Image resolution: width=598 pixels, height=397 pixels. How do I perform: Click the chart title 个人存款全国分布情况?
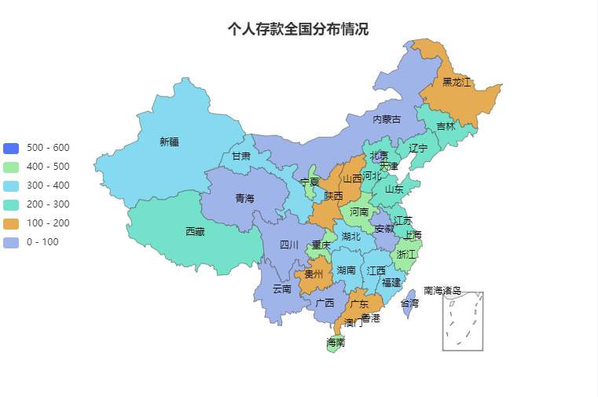(x=298, y=29)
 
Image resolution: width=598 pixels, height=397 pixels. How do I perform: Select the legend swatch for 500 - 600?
(x=11, y=148)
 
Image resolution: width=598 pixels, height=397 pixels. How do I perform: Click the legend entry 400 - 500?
(x=47, y=167)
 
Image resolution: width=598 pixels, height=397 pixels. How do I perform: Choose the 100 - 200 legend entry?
(x=47, y=223)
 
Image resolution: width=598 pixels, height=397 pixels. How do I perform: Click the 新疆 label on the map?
(x=169, y=142)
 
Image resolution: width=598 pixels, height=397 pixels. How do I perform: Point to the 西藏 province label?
(x=195, y=232)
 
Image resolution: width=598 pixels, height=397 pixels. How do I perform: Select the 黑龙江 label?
(x=456, y=82)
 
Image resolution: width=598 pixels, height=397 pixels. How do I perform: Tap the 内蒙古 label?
(x=386, y=119)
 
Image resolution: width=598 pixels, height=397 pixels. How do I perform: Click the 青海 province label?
(x=244, y=199)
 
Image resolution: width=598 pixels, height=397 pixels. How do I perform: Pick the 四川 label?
(x=289, y=245)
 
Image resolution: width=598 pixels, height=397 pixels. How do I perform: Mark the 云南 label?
(x=281, y=289)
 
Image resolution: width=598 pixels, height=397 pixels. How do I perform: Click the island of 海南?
(x=336, y=344)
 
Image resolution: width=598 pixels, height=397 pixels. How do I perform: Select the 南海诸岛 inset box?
(x=462, y=322)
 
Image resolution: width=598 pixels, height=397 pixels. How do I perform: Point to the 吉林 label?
(x=446, y=127)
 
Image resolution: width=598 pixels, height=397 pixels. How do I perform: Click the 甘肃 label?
(x=240, y=156)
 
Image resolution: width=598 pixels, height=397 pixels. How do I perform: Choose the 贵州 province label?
(x=314, y=275)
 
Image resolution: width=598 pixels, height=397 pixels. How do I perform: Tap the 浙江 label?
(x=406, y=255)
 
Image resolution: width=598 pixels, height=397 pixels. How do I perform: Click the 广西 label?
(x=325, y=303)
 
